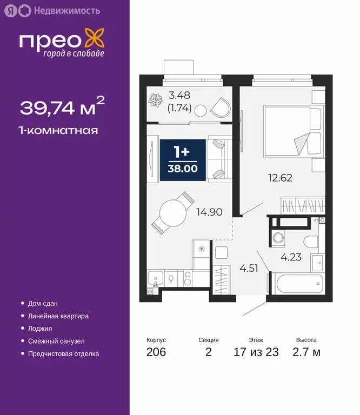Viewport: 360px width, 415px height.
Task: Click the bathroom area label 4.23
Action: coord(290,257)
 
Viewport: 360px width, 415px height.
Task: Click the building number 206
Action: coord(156,353)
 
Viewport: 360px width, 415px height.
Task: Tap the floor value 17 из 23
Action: coord(256,353)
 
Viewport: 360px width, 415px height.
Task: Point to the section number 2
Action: coord(209,353)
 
